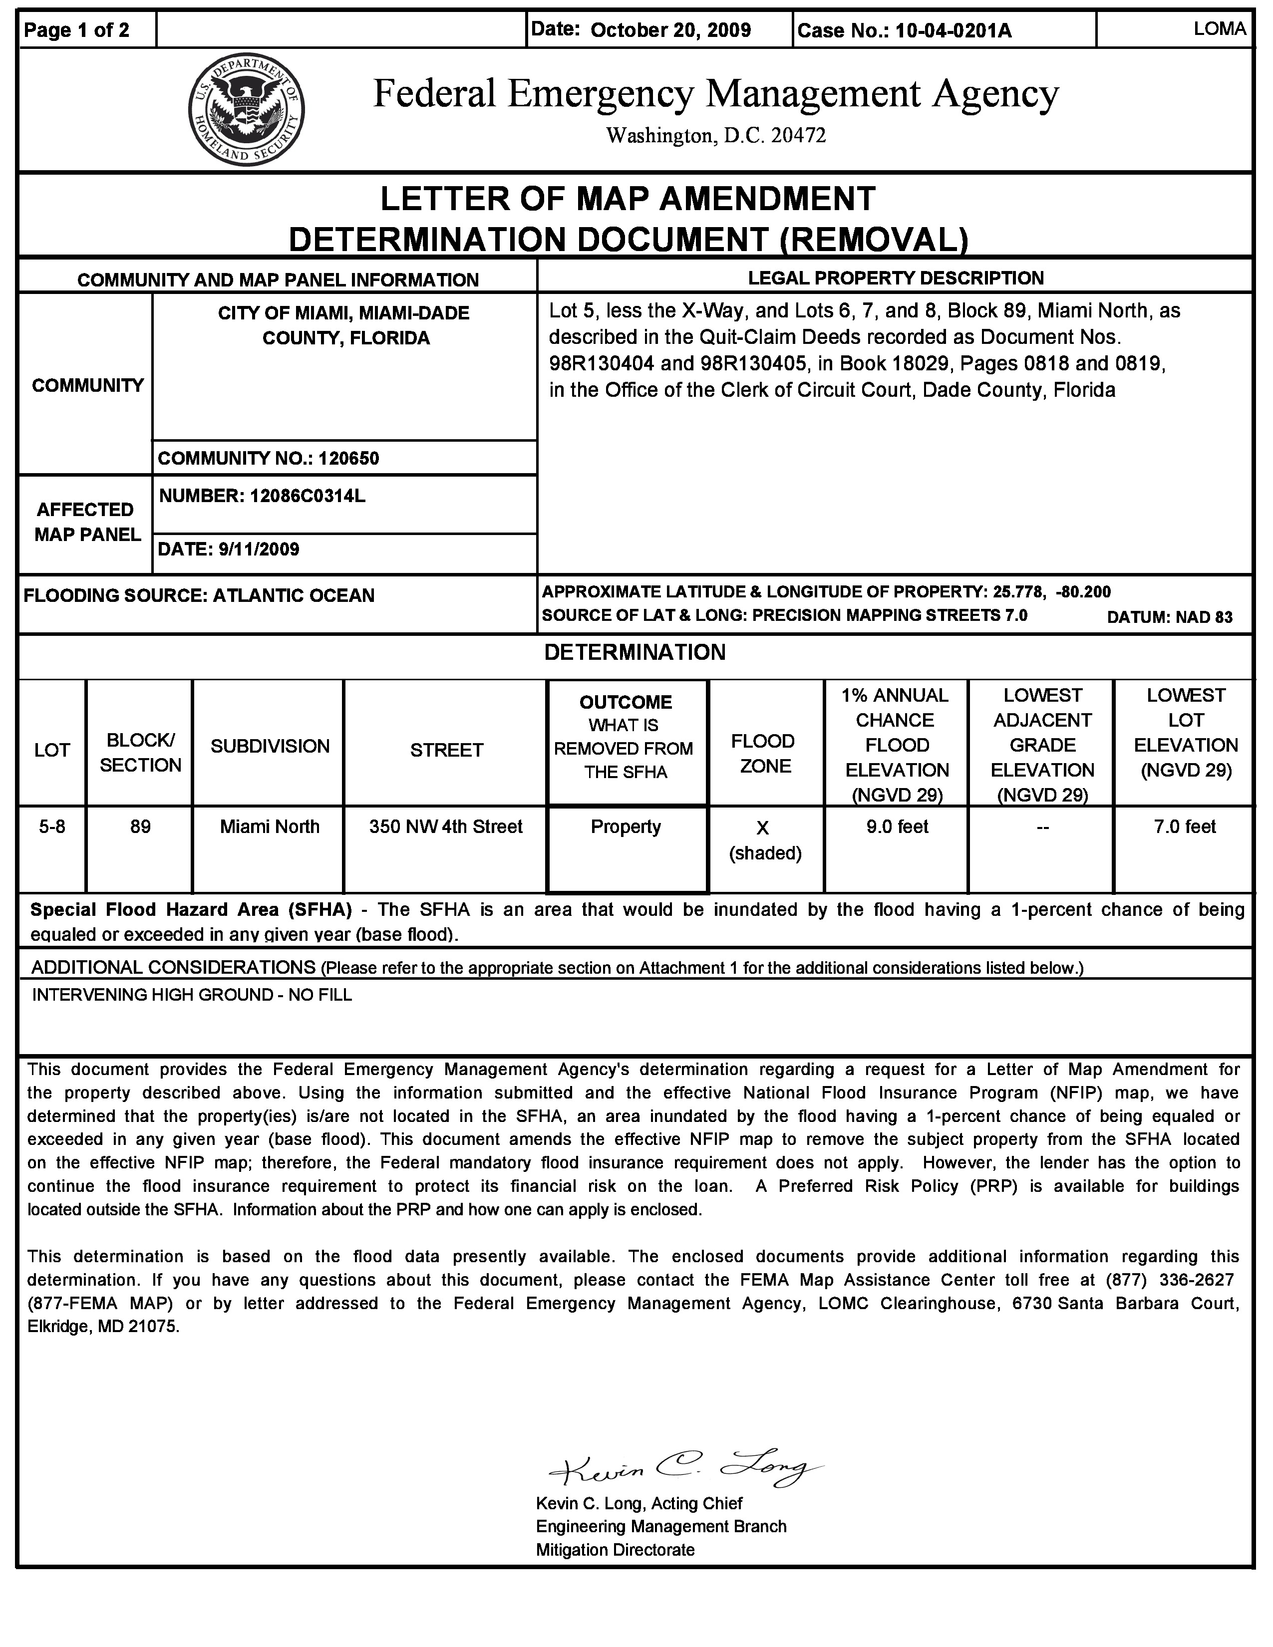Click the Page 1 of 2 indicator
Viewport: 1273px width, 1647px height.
click(77, 30)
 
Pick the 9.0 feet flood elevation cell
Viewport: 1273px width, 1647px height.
click(897, 827)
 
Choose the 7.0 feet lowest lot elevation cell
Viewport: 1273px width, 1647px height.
click(1184, 827)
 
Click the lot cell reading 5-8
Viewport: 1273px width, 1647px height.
click(52, 827)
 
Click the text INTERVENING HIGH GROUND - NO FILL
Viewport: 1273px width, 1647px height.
click(192, 996)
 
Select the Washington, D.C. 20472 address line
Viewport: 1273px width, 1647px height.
click(716, 136)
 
